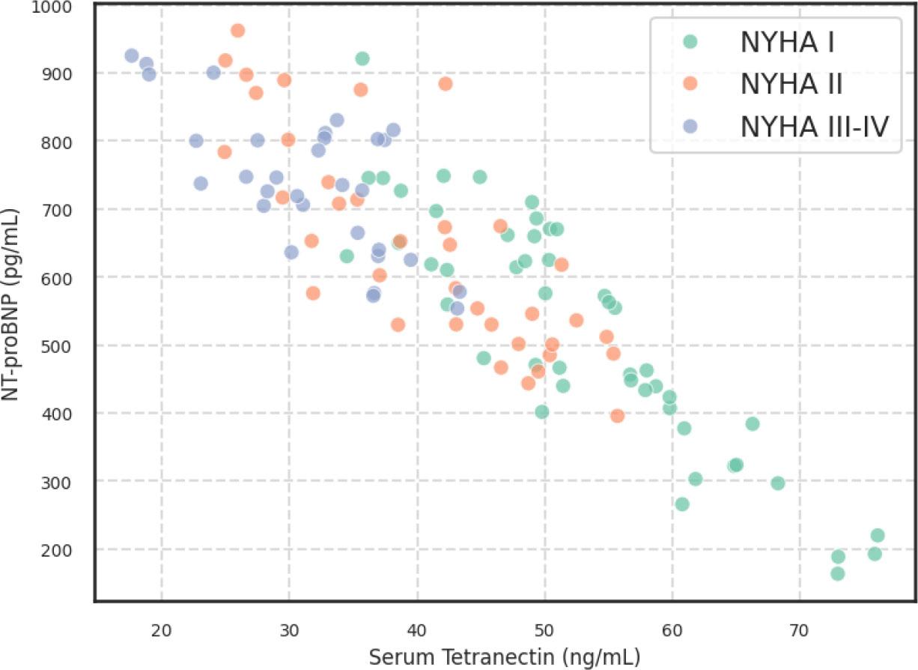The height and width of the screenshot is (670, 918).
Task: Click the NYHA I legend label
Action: [787, 43]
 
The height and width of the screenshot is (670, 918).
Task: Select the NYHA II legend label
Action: [791, 85]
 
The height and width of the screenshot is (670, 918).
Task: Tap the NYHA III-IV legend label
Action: [815, 127]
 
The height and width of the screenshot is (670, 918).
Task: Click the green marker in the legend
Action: [690, 43]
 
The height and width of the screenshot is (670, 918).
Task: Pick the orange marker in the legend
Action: [690, 85]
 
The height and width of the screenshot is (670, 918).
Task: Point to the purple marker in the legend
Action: [690, 127]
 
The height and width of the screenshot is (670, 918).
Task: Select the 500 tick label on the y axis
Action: [58, 345]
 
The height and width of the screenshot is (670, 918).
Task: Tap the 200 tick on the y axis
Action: [58, 549]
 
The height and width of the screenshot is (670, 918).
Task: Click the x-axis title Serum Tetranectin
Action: [504, 657]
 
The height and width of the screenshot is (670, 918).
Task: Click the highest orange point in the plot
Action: [237, 31]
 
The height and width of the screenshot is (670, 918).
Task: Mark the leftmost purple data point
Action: [132, 55]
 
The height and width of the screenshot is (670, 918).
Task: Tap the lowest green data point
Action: [838, 573]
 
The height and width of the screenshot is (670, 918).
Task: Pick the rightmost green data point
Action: [878, 535]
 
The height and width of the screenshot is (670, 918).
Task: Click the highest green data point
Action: [362, 58]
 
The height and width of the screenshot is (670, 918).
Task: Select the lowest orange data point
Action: [617, 416]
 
